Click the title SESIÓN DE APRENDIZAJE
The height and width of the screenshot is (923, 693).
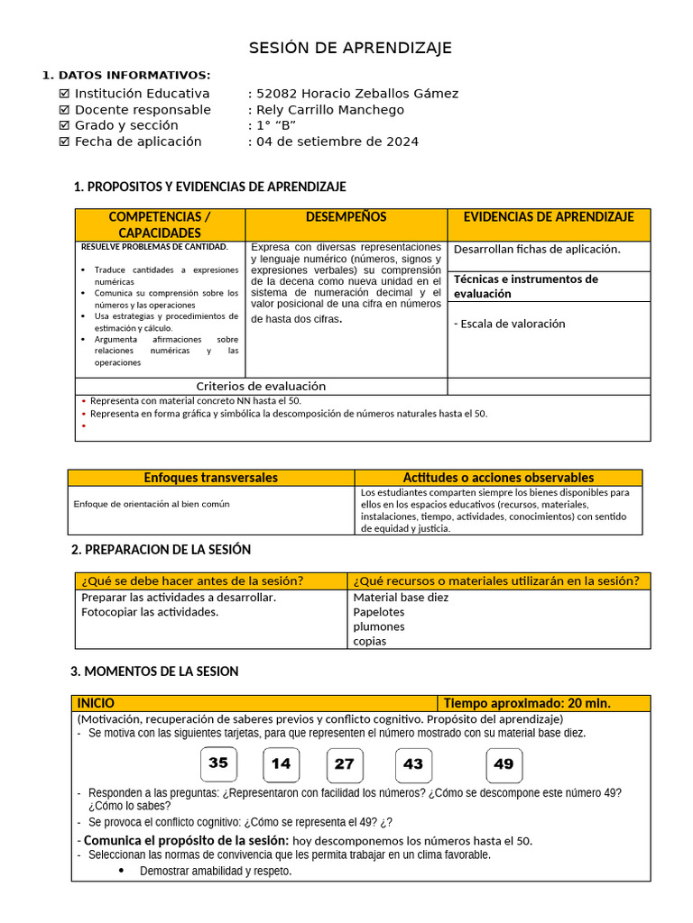(x=350, y=48)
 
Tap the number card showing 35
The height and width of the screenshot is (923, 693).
(x=218, y=763)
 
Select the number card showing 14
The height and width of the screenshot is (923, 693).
(x=281, y=764)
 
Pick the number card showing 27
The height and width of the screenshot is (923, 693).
(x=345, y=764)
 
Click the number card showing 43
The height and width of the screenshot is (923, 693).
(x=413, y=764)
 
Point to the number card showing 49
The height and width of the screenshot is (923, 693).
(x=504, y=764)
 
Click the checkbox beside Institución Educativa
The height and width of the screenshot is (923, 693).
(x=64, y=94)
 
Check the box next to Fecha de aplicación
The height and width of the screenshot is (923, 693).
(x=64, y=142)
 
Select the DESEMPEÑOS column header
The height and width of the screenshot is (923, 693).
(x=346, y=217)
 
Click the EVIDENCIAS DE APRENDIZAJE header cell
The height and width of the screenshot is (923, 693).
(x=549, y=217)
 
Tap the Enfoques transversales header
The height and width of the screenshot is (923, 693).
(x=211, y=478)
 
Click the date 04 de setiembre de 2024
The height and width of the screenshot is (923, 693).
(x=337, y=142)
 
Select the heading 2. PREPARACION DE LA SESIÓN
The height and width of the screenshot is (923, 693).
(x=161, y=550)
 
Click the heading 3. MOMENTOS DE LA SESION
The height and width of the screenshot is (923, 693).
(x=154, y=672)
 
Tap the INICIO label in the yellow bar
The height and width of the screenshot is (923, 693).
(x=96, y=703)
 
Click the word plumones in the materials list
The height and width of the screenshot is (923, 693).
(x=379, y=626)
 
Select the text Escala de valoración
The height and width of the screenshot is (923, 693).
(x=509, y=324)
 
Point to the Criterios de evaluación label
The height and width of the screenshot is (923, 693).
(x=261, y=386)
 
